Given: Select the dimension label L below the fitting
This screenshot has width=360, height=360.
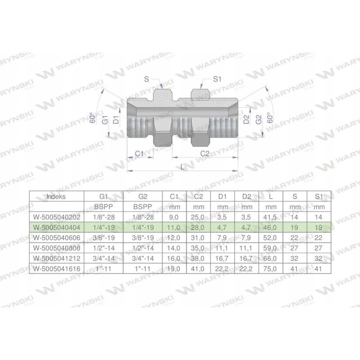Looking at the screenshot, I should point(182,166).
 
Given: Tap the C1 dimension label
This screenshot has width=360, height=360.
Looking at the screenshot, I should point(139,154).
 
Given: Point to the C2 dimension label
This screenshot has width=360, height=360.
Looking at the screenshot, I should point(205,154).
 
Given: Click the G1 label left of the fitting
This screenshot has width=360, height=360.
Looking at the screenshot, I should point(104,120).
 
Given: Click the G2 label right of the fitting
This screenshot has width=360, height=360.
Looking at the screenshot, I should point(259,120).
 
